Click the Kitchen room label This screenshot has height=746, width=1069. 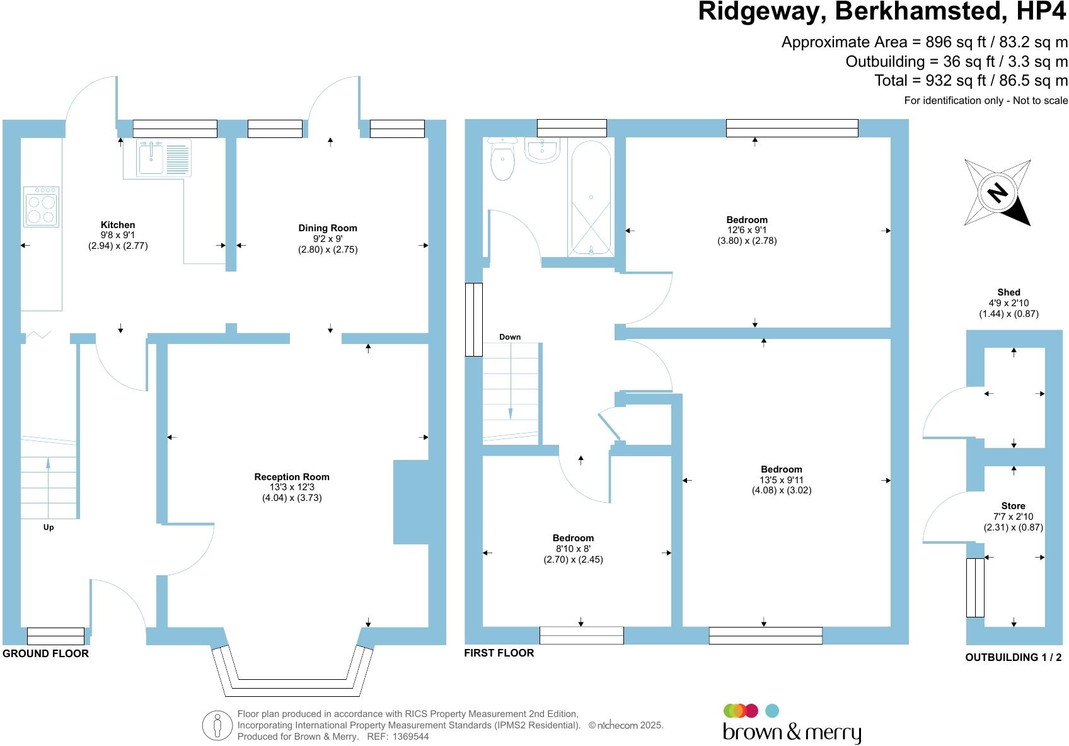[118, 225]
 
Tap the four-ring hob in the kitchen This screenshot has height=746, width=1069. [42, 207]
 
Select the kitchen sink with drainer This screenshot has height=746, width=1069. [163, 157]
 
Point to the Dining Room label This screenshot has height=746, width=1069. [328, 228]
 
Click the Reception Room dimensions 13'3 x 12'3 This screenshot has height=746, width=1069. [292, 487]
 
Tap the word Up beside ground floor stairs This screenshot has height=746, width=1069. [49, 527]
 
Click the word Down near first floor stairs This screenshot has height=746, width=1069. [510, 337]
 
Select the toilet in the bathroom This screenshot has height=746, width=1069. [502, 161]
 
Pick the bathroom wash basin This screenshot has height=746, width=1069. [541, 150]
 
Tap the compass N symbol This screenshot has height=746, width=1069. [997, 192]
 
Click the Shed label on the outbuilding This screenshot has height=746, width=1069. [1008, 292]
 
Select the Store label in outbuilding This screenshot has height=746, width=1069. [1013, 506]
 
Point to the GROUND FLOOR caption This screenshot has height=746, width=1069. [45, 653]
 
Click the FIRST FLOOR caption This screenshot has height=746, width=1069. [499, 653]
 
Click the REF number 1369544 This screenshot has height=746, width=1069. [410, 737]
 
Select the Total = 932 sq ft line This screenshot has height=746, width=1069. [971, 81]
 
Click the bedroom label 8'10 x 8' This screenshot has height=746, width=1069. [573, 548]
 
